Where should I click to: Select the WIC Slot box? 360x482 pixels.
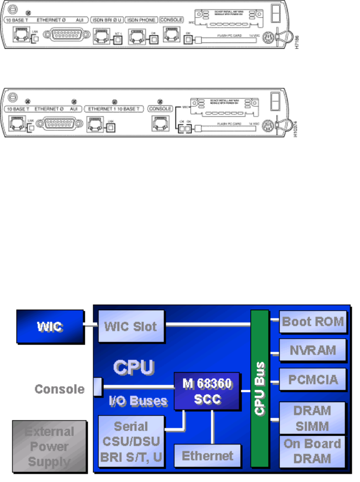(130, 327)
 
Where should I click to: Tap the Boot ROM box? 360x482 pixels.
(313, 322)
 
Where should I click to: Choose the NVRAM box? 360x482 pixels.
(313, 350)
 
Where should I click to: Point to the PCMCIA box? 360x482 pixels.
(313, 380)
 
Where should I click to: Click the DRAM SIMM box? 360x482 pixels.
(313, 418)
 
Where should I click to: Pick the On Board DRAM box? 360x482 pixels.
(313, 451)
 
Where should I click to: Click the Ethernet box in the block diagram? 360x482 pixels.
(207, 455)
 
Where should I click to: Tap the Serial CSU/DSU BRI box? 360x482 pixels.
(131, 440)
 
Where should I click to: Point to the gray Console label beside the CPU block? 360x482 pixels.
(59, 389)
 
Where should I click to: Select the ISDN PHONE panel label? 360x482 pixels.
(142, 20)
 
